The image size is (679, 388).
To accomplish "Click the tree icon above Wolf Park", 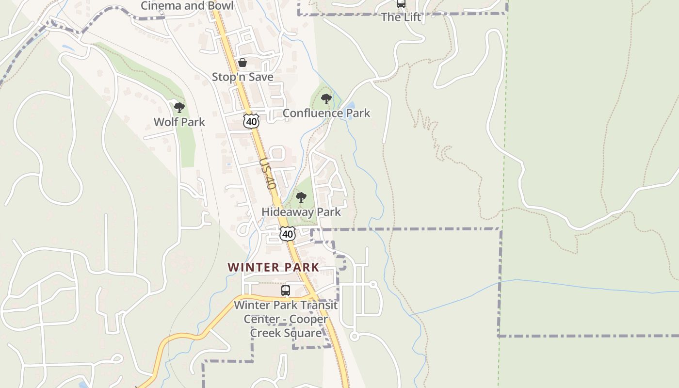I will click(179, 107).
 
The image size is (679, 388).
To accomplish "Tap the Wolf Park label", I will click(179, 122).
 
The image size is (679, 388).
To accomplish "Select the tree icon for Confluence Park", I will click(326, 99).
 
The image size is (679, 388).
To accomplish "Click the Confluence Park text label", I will click(326, 113).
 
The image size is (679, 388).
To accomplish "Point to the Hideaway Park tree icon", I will click(301, 197).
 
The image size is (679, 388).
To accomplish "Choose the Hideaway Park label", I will click(301, 212).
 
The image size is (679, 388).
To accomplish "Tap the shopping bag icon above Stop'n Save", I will click(242, 63).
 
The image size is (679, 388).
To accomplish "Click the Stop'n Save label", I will click(242, 77).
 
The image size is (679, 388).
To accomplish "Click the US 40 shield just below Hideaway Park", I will click(288, 234).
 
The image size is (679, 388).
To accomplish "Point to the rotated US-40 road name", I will click(267, 174).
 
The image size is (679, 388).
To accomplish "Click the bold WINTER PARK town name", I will click(274, 267).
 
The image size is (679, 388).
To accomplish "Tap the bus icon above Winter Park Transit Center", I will click(286, 291).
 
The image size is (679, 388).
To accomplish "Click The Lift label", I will click(401, 17).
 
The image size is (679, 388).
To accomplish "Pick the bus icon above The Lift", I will click(401, 4).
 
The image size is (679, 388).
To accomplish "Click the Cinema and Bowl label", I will click(187, 6).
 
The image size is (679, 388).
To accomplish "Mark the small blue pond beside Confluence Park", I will click(350, 106).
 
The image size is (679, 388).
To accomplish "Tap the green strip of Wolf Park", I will click(187, 141).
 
